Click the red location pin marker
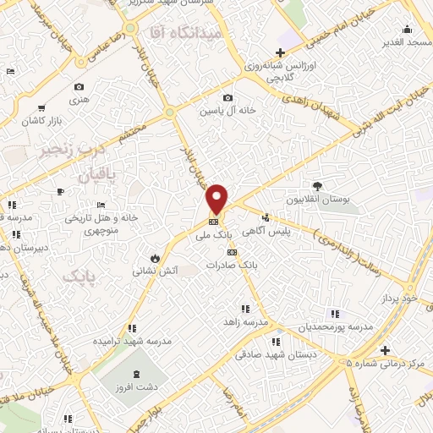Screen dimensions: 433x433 click(217, 198)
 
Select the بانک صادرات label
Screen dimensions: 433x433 click(236, 265)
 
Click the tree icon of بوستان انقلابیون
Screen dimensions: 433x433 click(317, 186)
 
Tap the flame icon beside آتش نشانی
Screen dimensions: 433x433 click(155, 257)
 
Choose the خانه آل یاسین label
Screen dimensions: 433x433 click(222, 110)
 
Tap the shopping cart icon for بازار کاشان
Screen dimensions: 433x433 click(41, 108)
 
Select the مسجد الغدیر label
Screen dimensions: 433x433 click(407, 41)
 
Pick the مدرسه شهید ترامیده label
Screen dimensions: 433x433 click(131, 341)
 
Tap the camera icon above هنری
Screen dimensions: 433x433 click(79, 87)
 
